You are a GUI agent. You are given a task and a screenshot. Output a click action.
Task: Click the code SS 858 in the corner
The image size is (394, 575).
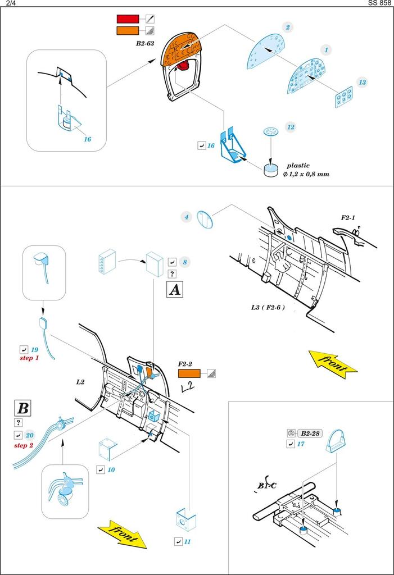(x=381, y=3)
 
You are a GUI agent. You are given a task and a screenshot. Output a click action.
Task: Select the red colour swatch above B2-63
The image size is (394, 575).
(x=127, y=20)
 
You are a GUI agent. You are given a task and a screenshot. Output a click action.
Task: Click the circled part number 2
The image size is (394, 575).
(x=288, y=27)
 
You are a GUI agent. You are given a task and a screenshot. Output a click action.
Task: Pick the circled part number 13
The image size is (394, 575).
(x=362, y=83)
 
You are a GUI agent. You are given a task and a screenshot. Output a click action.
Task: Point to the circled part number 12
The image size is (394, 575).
(x=290, y=127)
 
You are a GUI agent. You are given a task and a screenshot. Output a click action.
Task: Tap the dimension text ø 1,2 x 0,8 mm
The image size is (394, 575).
(x=306, y=175)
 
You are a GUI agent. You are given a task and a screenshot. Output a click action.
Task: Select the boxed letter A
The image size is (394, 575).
(x=175, y=290)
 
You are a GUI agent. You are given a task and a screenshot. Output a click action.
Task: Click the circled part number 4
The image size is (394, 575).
(x=186, y=217)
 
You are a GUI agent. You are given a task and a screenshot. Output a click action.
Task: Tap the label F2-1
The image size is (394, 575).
(x=348, y=217)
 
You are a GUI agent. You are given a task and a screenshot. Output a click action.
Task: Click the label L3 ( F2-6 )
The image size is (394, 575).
(x=268, y=308)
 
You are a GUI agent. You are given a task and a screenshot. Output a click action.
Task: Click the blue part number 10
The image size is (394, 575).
(x=111, y=469)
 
